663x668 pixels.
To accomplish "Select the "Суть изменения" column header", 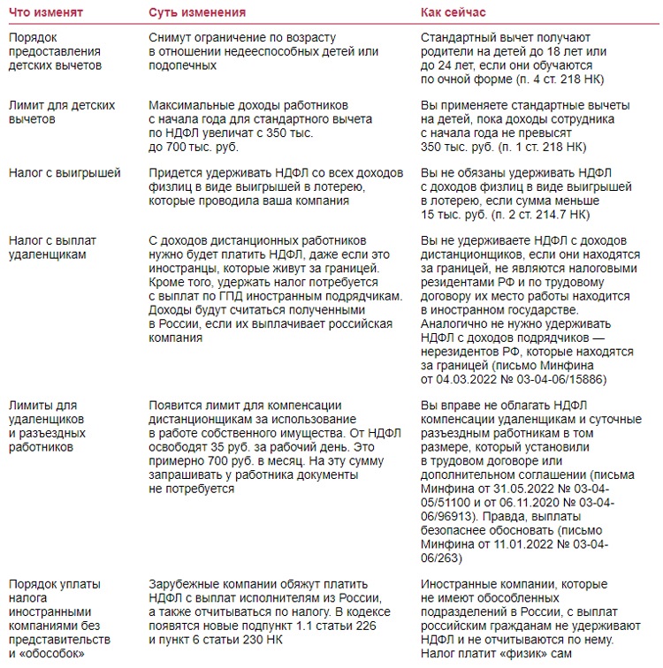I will click(x=196, y=14).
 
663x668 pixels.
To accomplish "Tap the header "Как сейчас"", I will click(x=461, y=14).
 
